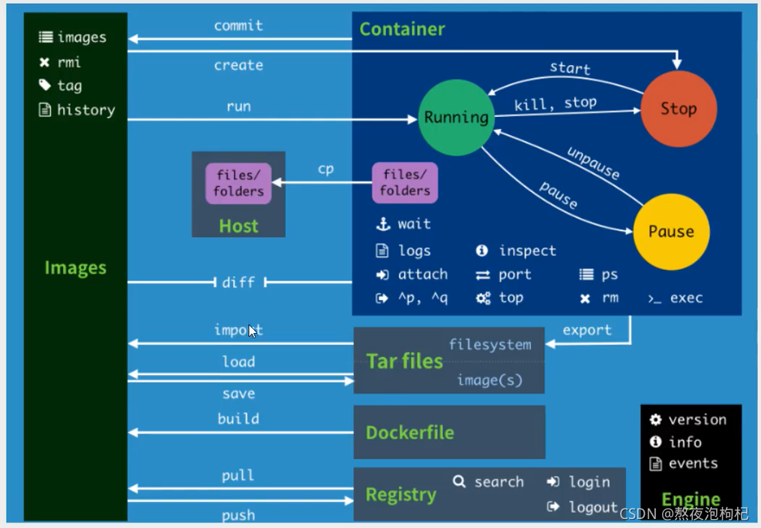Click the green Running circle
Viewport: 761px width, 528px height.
pos(456,117)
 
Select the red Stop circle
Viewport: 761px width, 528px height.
pos(679,109)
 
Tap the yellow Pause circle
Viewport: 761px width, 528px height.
pos(671,231)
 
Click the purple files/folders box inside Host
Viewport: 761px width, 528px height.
pos(238,183)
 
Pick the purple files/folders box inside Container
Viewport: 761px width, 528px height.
pos(405,183)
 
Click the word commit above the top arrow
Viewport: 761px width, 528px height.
pos(238,25)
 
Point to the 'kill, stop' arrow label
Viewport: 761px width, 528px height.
pos(556,103)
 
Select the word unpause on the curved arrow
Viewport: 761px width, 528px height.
pos(593,163)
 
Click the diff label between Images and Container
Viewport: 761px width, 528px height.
pos(238,283)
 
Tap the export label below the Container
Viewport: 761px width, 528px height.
pos(587,330)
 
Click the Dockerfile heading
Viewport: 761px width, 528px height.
pos(409,433)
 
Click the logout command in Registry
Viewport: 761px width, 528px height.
pos(592,507)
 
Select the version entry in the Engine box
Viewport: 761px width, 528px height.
pos(697,420)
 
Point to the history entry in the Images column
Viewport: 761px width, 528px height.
pos(85,110)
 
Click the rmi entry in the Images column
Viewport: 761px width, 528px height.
pos(68,62)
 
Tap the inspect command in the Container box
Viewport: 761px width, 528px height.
pos(527,250)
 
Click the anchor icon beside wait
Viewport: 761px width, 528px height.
pos(382,223)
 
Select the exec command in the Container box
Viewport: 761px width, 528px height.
pos(686,298)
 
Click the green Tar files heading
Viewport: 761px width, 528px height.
pos(404,361)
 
